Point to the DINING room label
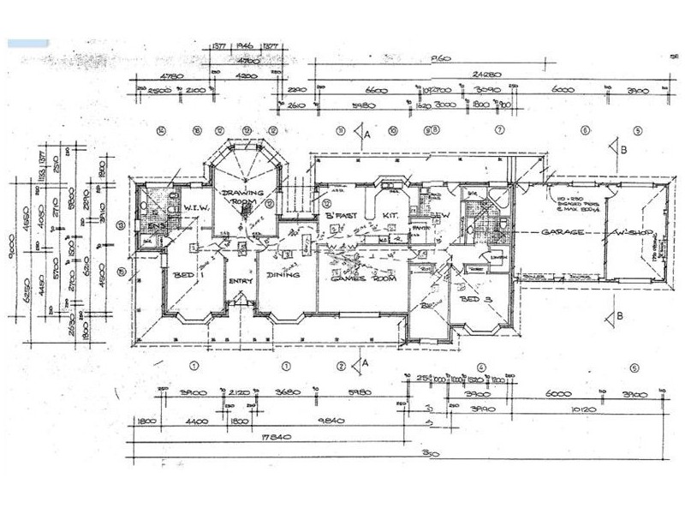tap(283, 275)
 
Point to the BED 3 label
tap(475, 300)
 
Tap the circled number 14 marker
tap(160, 131)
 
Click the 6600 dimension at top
tap(378, 90)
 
